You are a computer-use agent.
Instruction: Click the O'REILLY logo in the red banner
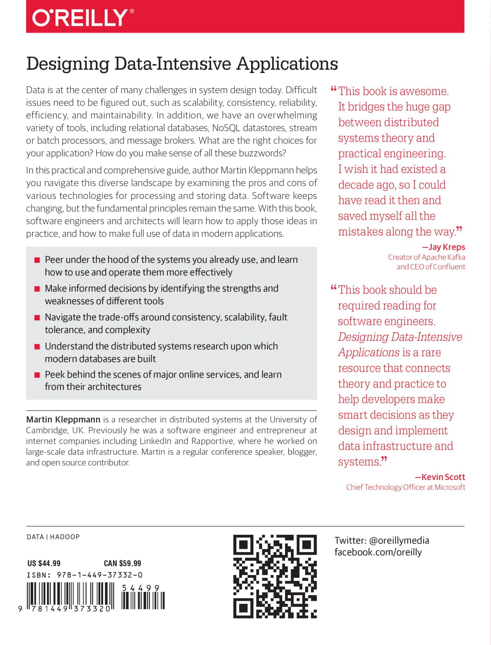[83, 18]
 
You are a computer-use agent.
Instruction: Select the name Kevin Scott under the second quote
[443, 477]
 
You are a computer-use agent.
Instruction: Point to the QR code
[275, 576]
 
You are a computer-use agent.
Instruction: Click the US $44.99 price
[44, 563]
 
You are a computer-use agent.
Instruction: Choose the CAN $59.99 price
[122, 563]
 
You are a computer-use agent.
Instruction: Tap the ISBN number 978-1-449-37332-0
[100, 575]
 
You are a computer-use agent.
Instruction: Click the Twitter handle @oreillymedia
[399, 540]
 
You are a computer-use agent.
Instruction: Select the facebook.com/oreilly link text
[378, 552]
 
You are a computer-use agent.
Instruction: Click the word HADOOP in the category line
[65, 537]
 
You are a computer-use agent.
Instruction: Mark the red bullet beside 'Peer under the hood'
[37, 260]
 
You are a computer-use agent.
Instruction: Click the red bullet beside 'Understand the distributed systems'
[37, 347]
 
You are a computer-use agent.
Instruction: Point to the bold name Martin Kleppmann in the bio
[63, 419]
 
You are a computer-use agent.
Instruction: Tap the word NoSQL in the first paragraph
[226, 128]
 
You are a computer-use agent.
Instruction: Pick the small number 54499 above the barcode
[141, 588]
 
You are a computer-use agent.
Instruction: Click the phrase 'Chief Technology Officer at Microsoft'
[405, 487]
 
